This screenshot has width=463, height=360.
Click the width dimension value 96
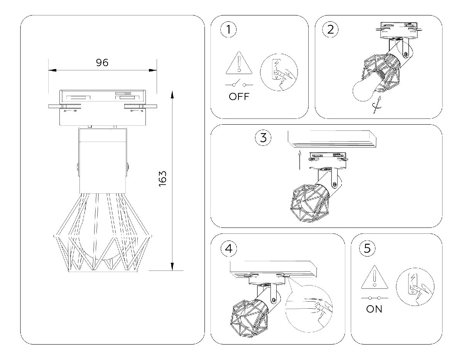point(102,63)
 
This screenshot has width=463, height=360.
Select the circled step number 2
point(331,29)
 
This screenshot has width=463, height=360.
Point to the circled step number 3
point(264,138)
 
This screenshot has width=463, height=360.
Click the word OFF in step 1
point(239,96)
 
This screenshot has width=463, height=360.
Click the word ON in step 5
point(374,309)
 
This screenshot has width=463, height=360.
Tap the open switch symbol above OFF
point(239,84)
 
